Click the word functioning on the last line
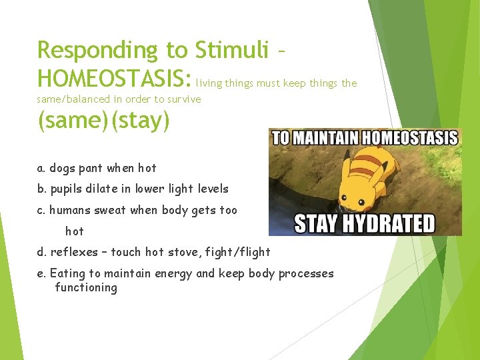pyautogui.click(x=86, y=288)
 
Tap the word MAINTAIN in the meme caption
pyautogui.click(x=323, y=138)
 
